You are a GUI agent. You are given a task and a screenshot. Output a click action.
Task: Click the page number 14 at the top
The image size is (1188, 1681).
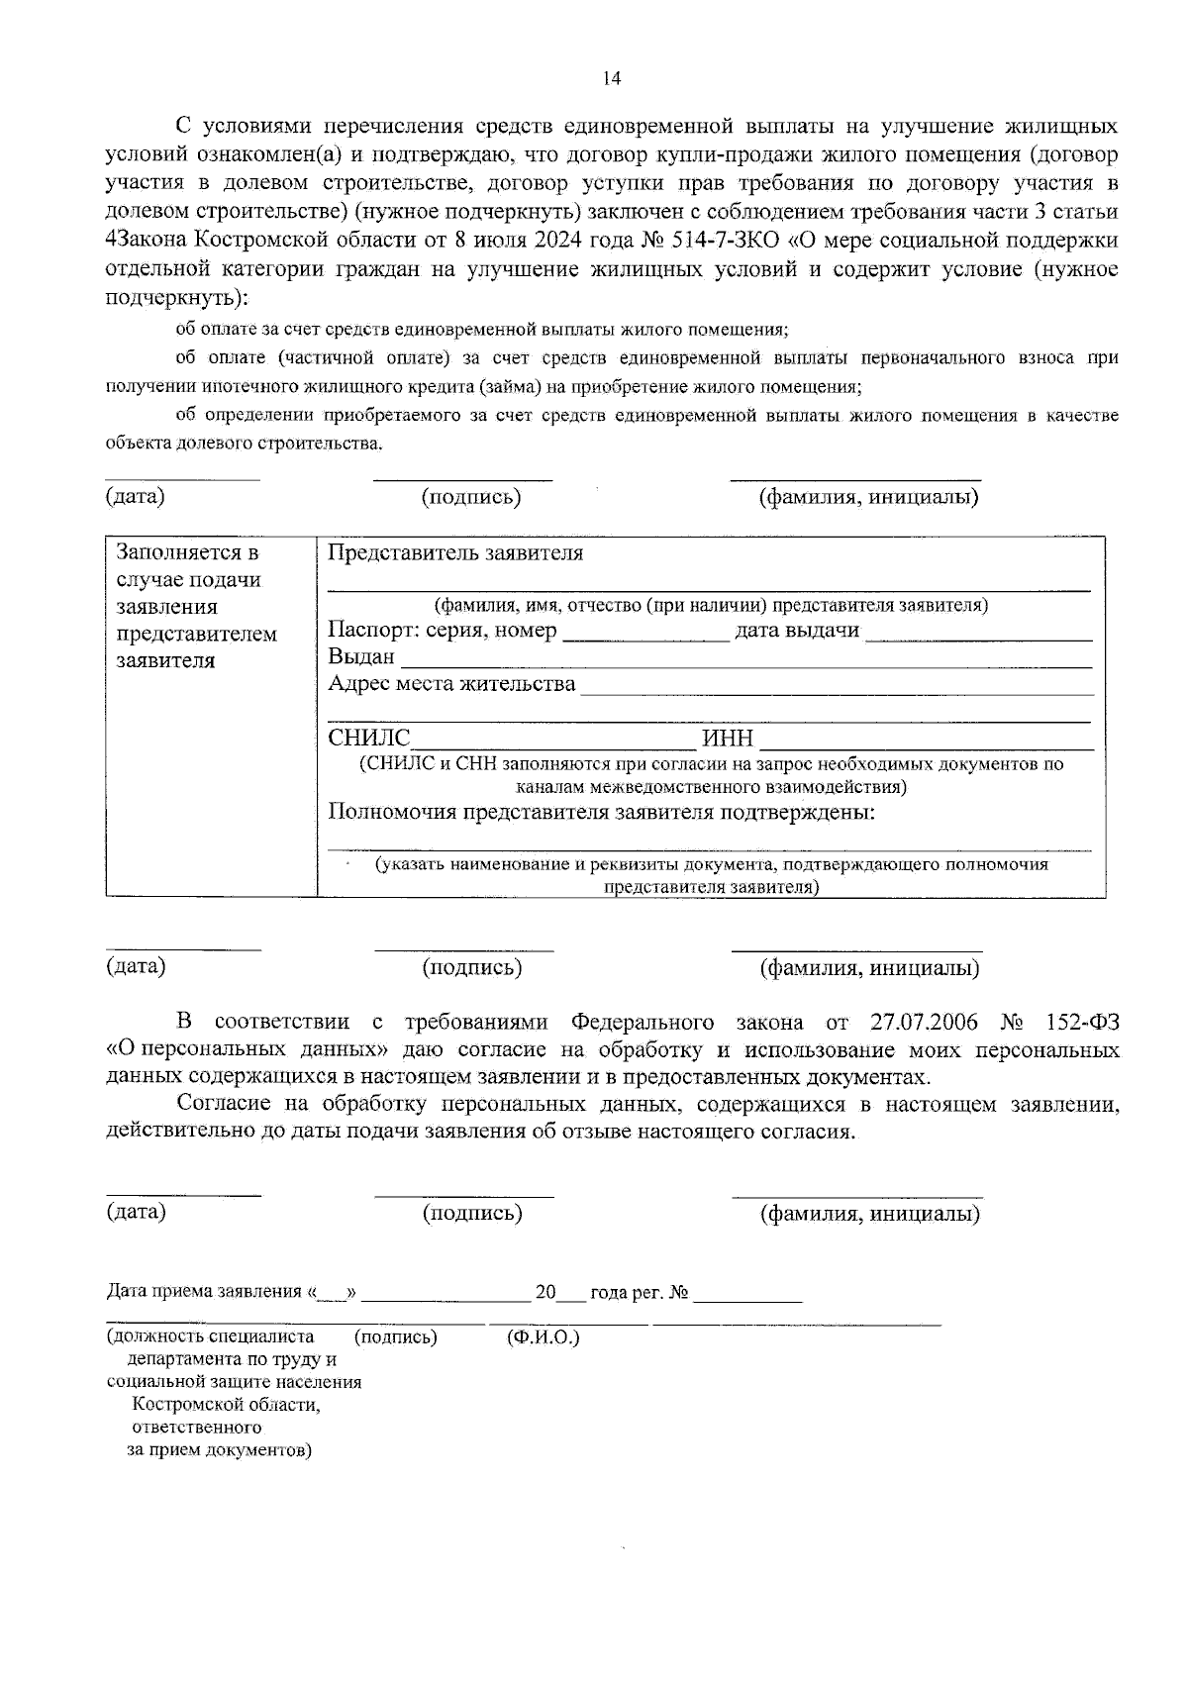click(611, 79)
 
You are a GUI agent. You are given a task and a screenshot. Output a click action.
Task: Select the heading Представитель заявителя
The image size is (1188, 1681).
click(455, 553)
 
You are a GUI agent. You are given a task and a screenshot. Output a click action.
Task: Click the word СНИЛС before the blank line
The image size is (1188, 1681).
click(368, 739)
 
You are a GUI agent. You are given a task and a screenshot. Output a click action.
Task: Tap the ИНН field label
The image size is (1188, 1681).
click(728, 739)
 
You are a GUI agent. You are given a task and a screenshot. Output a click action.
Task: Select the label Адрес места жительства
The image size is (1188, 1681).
click(451, 684)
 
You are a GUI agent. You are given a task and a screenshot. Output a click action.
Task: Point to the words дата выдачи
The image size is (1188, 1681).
click(797, 631)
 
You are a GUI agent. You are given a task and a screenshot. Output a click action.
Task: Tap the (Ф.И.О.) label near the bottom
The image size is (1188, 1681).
click(543, 1337)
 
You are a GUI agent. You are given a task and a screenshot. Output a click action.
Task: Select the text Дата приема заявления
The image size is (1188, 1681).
click(203, 1292)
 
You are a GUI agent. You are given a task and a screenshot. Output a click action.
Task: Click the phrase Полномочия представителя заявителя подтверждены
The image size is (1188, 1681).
click(601, 813)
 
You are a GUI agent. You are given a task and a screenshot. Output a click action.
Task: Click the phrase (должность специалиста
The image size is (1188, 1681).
click(211, 1337)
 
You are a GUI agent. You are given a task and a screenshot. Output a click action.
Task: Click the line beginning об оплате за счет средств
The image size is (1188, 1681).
click(481, 330)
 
